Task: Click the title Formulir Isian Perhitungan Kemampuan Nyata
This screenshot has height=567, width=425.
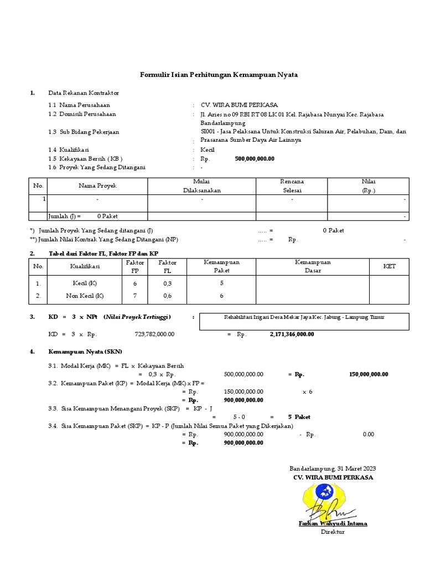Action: pos(217,75)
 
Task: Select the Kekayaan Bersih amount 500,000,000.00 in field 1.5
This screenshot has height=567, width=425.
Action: pos(255,158)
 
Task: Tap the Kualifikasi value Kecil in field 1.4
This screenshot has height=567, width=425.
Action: pos(208,150)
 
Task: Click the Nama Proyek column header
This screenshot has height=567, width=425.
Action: pos(97,186)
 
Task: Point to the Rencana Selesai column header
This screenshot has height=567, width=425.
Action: pos(292,186)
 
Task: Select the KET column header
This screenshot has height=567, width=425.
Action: pos(390,266)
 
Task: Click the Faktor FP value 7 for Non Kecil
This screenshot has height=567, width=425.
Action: pos(135,296)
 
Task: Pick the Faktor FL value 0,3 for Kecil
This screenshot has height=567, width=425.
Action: pos(167,283)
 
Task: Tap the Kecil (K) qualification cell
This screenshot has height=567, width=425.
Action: pos(84,283)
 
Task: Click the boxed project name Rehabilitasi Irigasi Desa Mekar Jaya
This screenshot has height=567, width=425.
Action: pos(304,317)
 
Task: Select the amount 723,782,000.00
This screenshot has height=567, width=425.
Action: pos(154,334)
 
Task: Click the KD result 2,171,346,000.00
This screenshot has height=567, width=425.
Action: pos(292,334)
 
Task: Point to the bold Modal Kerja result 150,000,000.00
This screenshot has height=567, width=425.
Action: pos(369,374)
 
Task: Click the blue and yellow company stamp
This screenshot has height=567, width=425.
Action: pos(329,495)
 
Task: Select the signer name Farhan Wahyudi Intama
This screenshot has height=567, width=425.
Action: pos(332,523)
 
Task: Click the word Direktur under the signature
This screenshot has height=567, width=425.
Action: pos(333,532)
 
